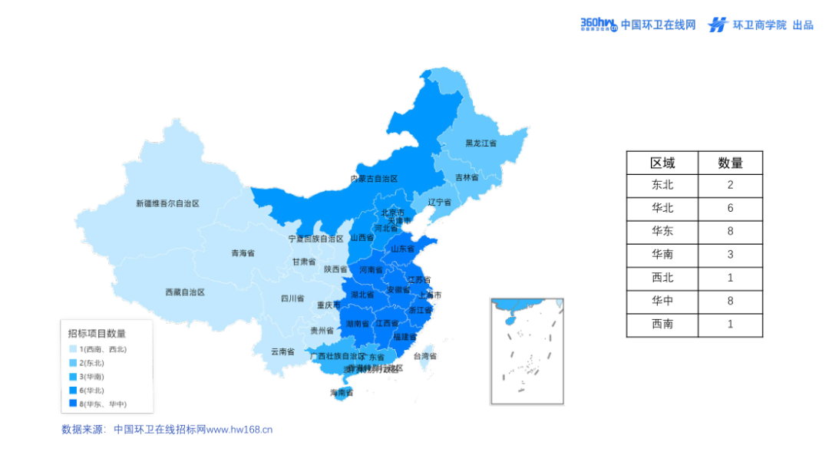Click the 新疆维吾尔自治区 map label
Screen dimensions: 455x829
[x=167, y=203]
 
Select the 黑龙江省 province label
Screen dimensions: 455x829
[x=481, y=143]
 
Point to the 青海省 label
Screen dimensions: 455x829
[x=243, y=252]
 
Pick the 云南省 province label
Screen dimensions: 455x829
[x=282, y=352]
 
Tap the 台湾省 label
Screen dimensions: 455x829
[x=424, y=356]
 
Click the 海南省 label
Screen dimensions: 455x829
[x=342, y=393]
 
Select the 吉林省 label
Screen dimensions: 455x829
[x=466, y=177]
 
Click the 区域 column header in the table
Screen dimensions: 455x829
[x=662, y=163]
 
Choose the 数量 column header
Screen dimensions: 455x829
[x=730, y=163]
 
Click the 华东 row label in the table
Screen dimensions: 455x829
[x=662, y=231]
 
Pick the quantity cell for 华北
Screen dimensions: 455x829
[x=730, y=208]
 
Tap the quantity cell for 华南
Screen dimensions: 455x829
[x=730, y=254]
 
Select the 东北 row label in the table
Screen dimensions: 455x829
[x=662, y=185]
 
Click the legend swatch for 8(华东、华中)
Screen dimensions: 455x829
[x=72, y=404]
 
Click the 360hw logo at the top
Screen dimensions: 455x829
[x=599, y=25]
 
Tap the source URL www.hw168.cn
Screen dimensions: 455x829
[x=239, y=430]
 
